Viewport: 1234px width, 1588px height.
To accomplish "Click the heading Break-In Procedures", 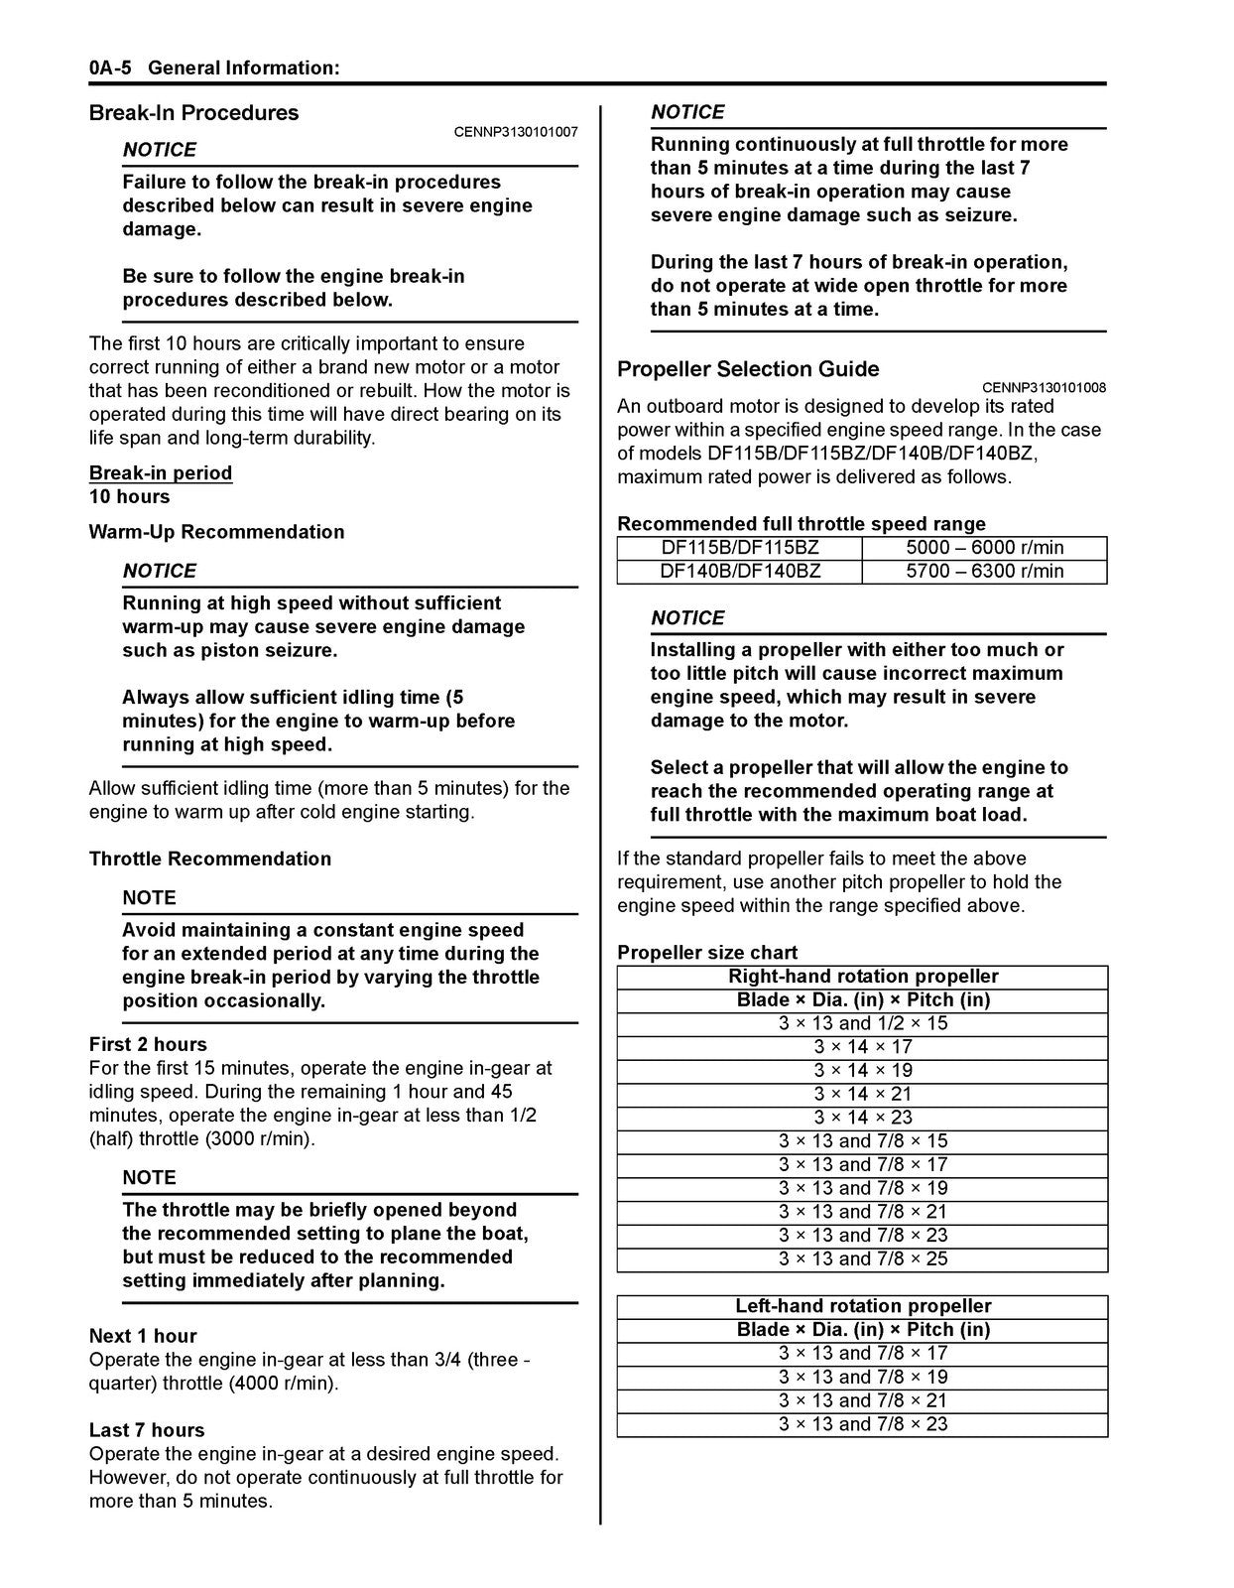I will (193, 113).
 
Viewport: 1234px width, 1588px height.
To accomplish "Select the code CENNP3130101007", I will (516, 132).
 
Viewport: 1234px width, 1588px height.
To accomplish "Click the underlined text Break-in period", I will (161, 473).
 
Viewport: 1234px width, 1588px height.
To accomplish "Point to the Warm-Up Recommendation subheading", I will (216, 532).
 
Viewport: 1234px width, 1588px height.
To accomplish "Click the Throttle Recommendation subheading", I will (210, 859).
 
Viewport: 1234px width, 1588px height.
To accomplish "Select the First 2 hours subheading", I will (148, 1044).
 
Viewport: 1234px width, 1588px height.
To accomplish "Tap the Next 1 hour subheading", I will (143, 1336).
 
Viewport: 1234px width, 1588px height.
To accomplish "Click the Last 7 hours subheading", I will (147, 1430).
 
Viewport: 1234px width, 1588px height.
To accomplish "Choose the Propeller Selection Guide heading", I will (748, 369).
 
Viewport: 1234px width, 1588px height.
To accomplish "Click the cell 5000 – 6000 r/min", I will (984, 548).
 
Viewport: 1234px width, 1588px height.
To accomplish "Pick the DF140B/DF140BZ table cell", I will (740, 572).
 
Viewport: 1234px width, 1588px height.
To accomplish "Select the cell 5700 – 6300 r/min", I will (984, 572).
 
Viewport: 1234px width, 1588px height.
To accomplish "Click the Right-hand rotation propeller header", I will (862, 977).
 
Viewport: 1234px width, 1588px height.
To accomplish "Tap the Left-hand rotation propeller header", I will (862, 1306).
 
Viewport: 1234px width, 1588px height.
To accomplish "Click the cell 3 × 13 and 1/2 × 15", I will (862, 1023).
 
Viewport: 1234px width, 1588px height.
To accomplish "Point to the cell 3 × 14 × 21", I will (862, 1094).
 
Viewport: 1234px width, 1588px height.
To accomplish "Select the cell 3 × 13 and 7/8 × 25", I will (862, 1259).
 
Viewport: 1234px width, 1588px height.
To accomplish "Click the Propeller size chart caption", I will (707, 953).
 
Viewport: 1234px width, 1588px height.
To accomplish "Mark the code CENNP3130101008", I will (1044, 388).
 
